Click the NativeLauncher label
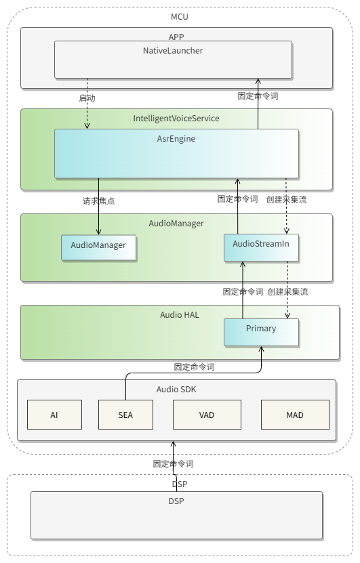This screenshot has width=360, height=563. [173, 51]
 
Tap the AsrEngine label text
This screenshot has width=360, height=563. [176, 139]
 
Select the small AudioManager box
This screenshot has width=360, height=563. [98, 247]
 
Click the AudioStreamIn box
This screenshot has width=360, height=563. [261, 247]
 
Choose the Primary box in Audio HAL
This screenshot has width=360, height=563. [261, 333]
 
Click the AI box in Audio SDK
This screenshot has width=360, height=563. [55, 415]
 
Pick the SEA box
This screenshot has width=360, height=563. [125, 415]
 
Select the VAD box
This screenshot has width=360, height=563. [207, 415]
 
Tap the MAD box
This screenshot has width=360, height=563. [295, 415]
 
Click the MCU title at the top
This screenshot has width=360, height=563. [180, 17]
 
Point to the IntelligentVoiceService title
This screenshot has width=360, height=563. [176, 119]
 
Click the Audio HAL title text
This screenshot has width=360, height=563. [179, 315]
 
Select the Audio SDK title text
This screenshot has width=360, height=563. [176, 390]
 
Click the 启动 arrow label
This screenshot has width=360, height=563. [87, 98]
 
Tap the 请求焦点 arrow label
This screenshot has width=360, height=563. [99, 201]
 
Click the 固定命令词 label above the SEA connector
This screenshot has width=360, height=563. [194, 367]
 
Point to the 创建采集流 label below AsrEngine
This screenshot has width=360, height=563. [286, 200]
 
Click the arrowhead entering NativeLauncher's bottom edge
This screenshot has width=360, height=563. [258, 81]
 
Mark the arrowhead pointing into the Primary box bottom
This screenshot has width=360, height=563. [261, 349]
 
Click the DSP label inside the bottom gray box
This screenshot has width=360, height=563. [176, 501]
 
